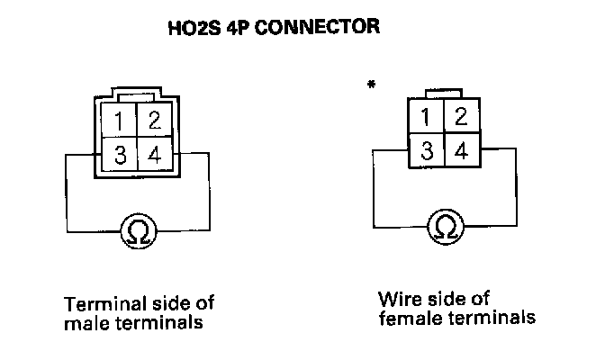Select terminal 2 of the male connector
[154, 121]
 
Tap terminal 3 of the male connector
[120, 155]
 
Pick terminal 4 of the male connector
[154, 155]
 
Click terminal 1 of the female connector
[426, 115]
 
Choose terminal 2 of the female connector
[459, 115]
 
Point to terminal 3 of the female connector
[426, 149]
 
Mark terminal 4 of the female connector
[459, 149]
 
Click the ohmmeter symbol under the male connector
[138, 230]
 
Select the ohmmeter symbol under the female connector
[444, 226]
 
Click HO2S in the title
[190, 28]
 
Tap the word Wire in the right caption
[397, 298]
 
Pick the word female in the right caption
[407, 318]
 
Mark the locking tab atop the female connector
[443, 92]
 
